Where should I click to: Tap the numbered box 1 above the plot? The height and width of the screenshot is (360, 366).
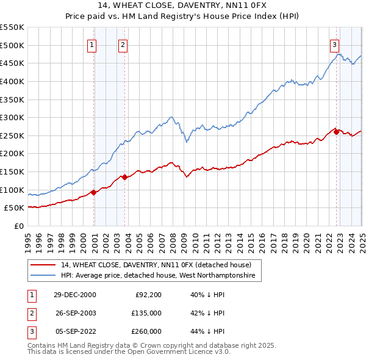pyautogui.click(x=91, y=44)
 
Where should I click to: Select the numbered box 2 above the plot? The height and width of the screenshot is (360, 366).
pyautogui.click(x=123, y=44)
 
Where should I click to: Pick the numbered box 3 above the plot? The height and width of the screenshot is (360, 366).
pyautogui.click(x=335, y=44)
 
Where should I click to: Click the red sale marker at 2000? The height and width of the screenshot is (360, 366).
pyautogui.click(x=94, y=193)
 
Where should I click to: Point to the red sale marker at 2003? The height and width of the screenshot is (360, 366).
pyautogui.click(x=124, y=178)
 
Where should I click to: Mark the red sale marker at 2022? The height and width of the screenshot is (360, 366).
pyautogui.click(x=336, y=132)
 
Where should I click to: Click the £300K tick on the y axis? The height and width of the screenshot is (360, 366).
pyautogui.click(x=12, y=117)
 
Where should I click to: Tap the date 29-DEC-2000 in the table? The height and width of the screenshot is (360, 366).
pyautogui.click(x=75, y=295)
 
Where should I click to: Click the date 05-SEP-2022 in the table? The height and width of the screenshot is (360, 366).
pyautogui.click(x=75, y=331)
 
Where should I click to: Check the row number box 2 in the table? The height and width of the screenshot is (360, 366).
pyautogui.click(x=30, y=313)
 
